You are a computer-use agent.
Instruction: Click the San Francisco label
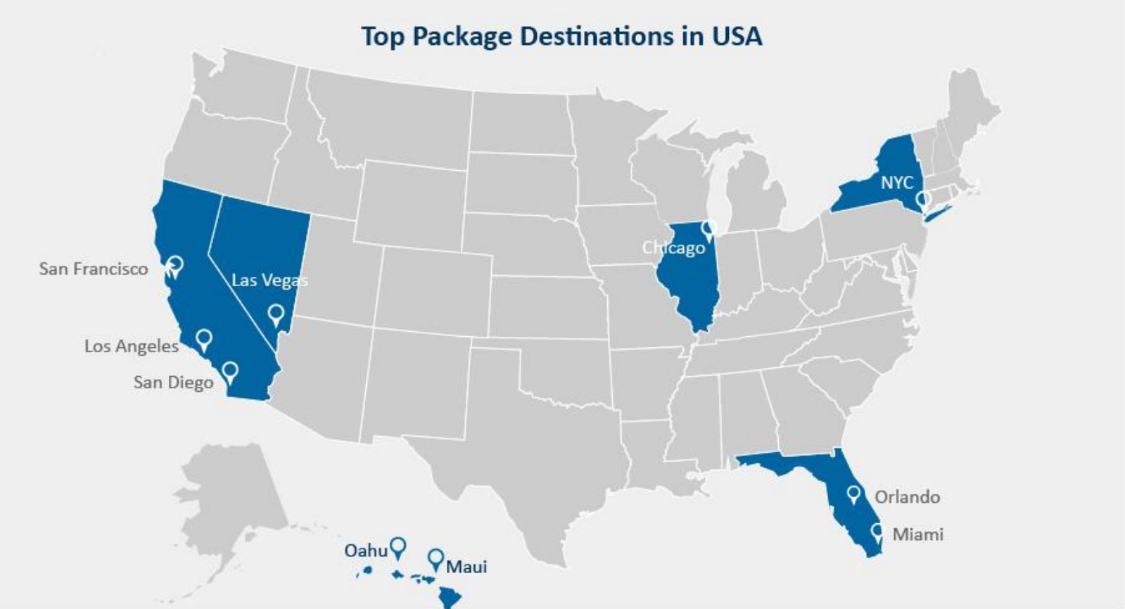[x=94, y=269]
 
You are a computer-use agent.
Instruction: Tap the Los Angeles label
[x=132, y=346]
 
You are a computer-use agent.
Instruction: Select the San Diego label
[x=173, y=383]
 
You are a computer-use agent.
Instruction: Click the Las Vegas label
[x=269, y=280]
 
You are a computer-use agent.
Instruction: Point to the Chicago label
[x=673, y=248]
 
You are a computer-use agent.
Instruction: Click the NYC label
[x=897, y=183]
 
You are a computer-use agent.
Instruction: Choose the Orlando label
[x=907, y=497]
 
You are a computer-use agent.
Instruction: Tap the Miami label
[x=917, y=534]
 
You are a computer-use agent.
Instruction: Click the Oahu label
[x=365, y=551]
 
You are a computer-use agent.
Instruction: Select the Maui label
[x=466, y=567]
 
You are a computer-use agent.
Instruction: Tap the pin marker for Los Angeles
[x=204, y=339]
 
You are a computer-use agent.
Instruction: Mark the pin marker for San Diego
[x=229, y=371]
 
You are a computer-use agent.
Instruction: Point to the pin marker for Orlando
[x=854, y=494]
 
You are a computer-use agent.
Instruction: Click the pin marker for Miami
[x=877, y=532]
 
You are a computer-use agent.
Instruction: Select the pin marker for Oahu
[x=398, y=546]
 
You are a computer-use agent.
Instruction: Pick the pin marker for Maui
[x=436, y=558]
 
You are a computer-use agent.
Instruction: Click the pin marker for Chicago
[x=709, y=228]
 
